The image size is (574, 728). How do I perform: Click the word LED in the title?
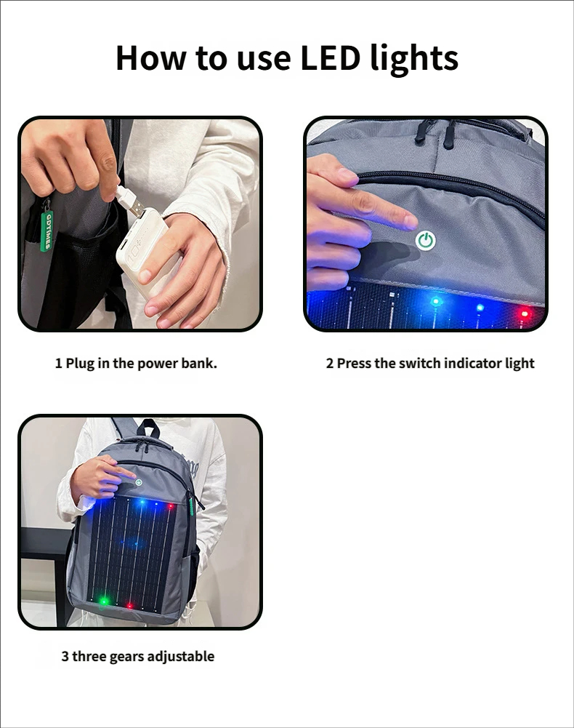330,57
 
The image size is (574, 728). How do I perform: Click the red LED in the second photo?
525,314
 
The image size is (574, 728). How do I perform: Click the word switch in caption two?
420,363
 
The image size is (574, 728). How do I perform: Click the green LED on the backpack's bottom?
104,601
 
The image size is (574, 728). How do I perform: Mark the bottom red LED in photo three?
129,605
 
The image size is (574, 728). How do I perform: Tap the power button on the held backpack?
138,482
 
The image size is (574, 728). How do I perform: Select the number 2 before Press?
329,364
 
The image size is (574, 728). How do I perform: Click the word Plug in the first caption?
80,364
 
